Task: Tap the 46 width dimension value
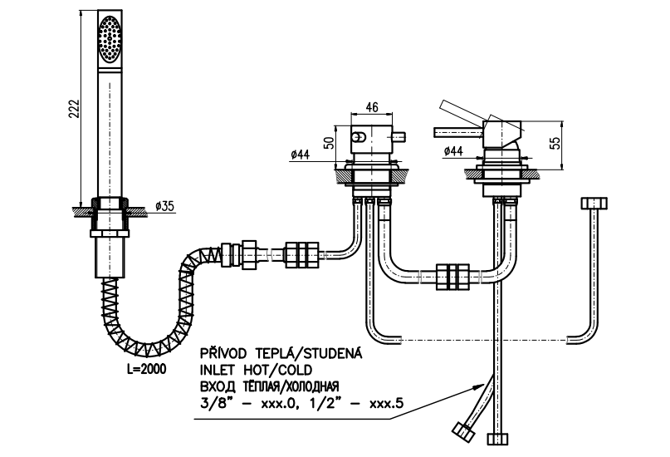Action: point(372,107)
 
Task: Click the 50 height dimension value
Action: point(330,142)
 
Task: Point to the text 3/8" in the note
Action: point(213,403)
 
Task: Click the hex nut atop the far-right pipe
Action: point(594,204)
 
